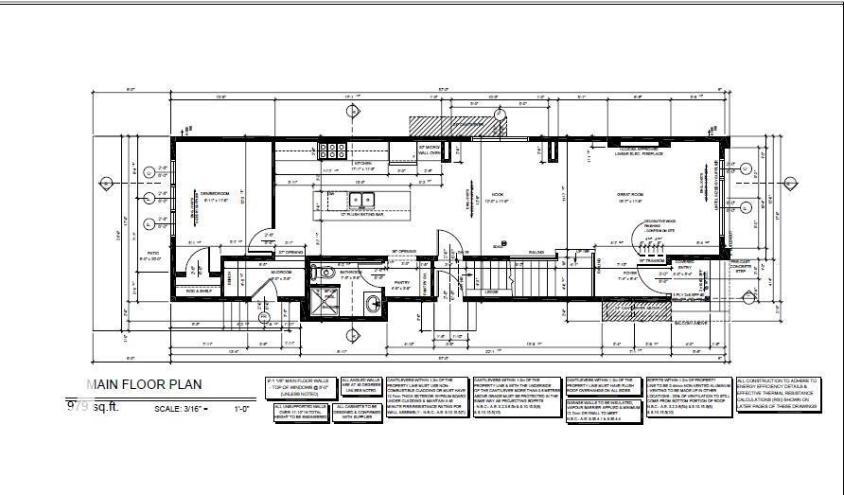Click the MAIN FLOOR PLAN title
(x=144, y=384)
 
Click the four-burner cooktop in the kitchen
(x=332, y=149)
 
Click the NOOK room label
(x=498, y=195)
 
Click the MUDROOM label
(x=281, y=273)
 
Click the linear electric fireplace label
(x=640, y=152)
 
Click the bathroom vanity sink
(x=372, y=302)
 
